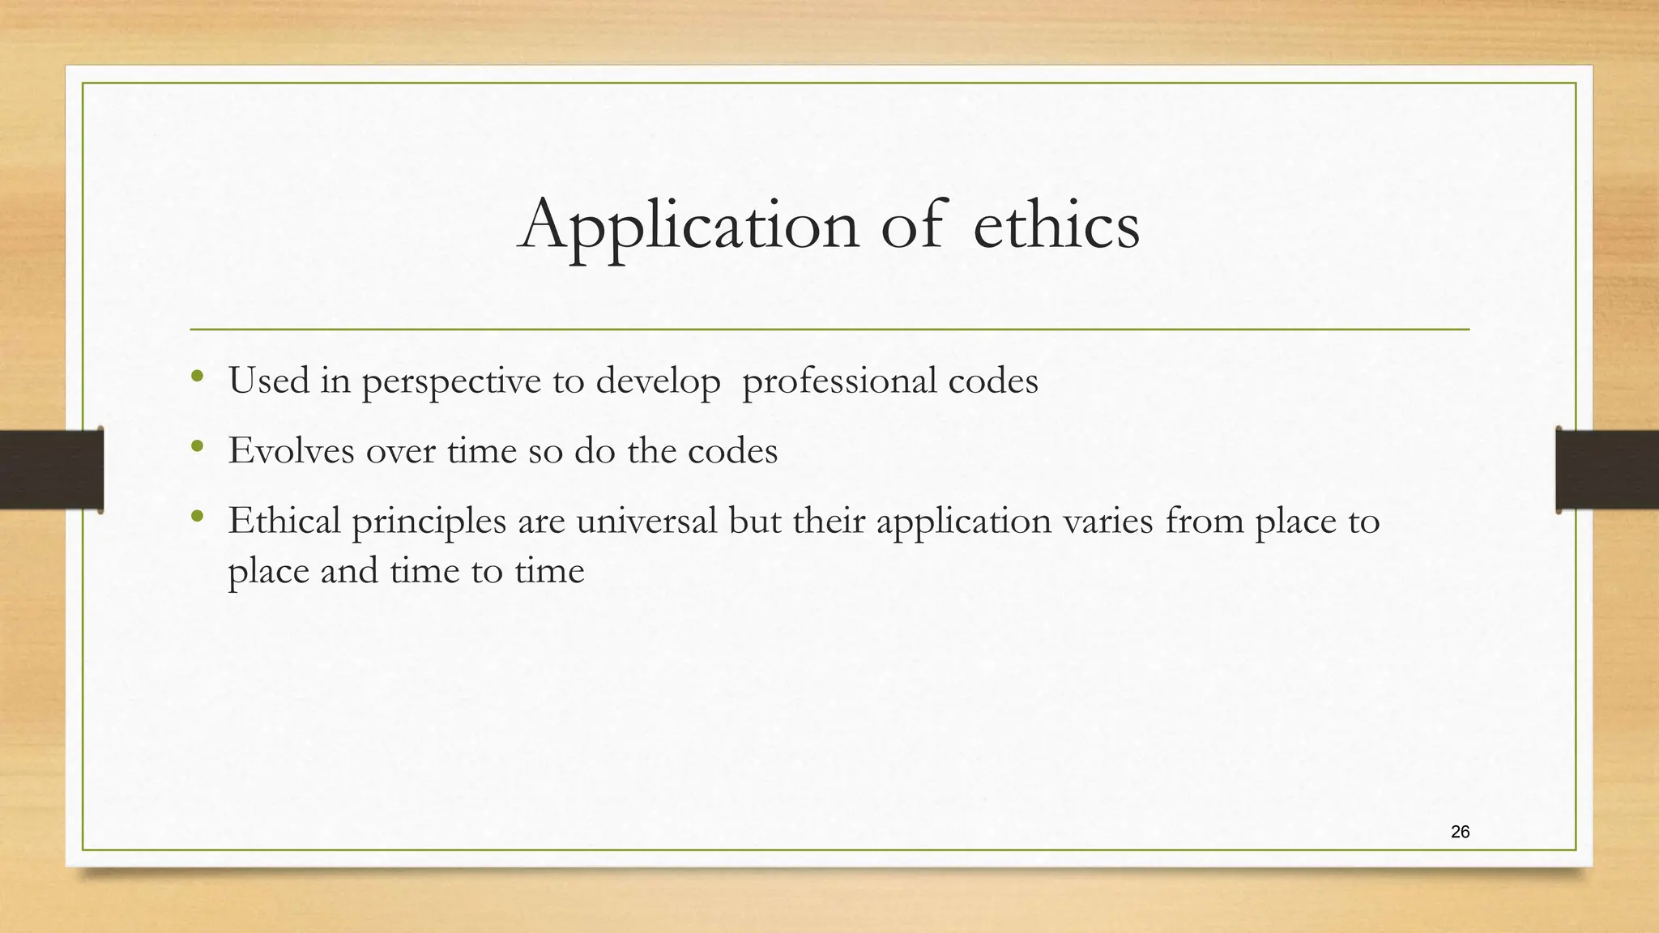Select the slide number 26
coord(1460,832)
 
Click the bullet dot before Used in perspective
coord(197,376)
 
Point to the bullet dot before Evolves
coord(197,445)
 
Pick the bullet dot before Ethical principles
coord(197,515)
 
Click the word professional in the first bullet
coord(838,381)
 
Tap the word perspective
coord(451,381)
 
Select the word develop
coord(658,381)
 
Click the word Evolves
coord(291,450)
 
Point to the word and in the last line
coord(349,571)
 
